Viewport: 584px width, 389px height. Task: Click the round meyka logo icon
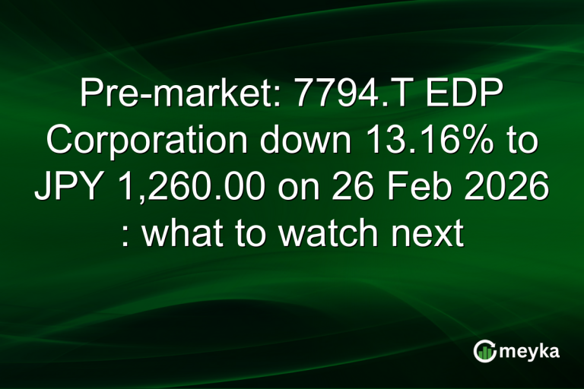click(484, 351)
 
